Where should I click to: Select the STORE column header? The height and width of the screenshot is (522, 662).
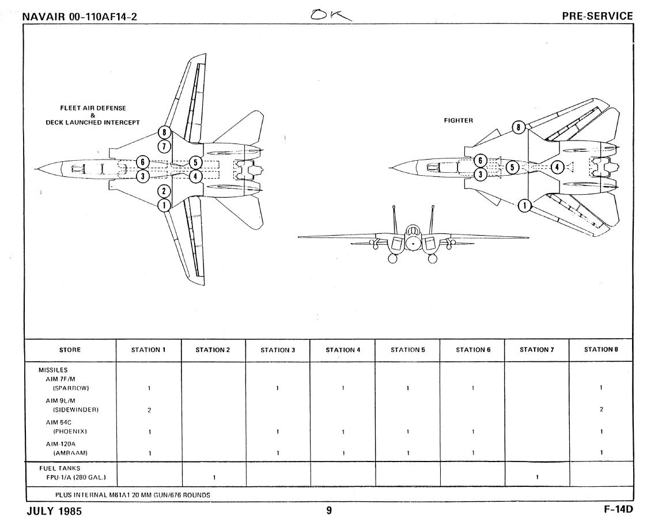[70, 350]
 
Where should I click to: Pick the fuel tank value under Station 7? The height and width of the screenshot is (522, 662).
[536, 477]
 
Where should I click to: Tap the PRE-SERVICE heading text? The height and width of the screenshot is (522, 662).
[597, 17]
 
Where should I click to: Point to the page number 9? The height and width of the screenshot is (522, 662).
[329, 510]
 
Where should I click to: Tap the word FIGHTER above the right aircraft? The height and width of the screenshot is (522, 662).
[458, 120]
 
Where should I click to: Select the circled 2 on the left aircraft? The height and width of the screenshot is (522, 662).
[165, 191]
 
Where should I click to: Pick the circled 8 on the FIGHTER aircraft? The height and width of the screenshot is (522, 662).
[519, 127]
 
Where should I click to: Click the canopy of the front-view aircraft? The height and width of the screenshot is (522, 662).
[413, 232]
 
